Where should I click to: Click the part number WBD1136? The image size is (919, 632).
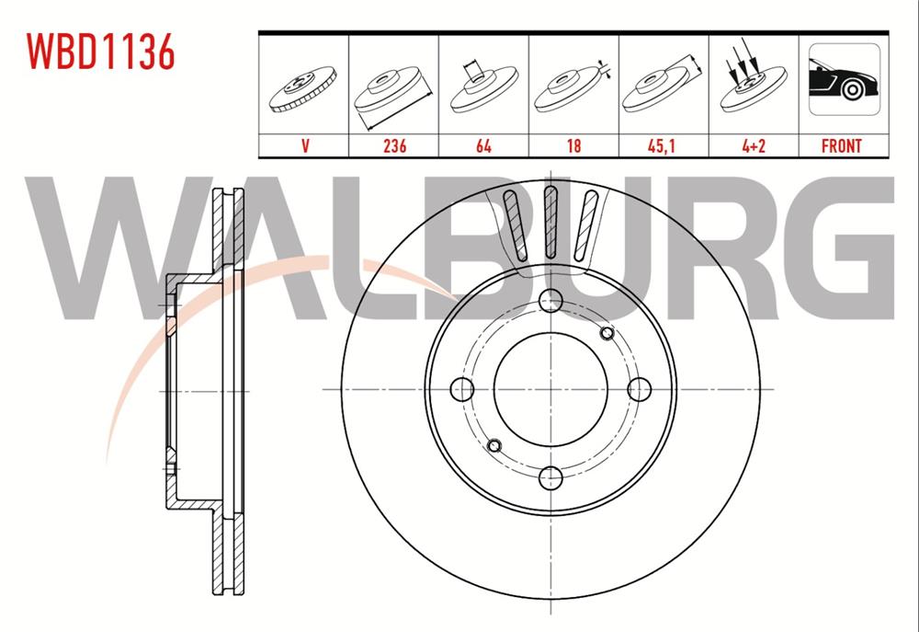click(x=100, y=53)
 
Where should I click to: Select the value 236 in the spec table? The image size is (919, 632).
click(x=394, y=145)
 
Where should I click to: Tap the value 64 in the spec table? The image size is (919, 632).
click(x=483, y=145)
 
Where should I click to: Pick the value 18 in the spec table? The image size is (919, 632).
click(x=573, y=145)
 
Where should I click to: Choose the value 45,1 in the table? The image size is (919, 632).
click(x=664, y=145)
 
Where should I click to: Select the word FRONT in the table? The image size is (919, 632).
click(x=841, y=145)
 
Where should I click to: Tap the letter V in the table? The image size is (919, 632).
click(x=303, y=145)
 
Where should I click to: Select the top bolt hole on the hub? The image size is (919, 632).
click(x=550, y=300)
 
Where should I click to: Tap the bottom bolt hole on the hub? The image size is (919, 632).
click(x=550, y=477)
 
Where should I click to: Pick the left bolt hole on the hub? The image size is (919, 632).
click(x=462, y=389)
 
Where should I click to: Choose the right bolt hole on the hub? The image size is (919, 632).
click(x=639, y=389)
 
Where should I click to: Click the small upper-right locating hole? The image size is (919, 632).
click(x=606, y=332)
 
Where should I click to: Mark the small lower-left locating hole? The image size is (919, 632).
click(x=494, y=446)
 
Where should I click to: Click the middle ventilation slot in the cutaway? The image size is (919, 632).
click(x=550, y=221)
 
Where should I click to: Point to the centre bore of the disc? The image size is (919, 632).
click(x=550, y=389)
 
